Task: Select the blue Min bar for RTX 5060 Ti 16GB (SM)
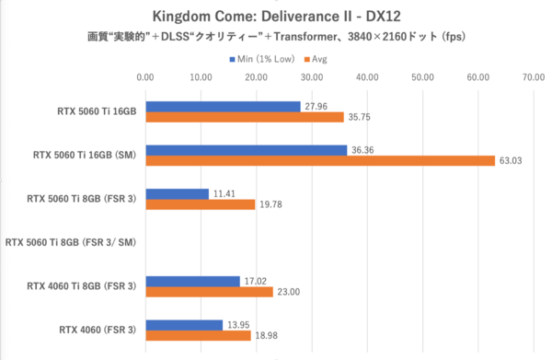[246, 149]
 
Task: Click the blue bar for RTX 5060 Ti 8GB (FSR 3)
[176, 193]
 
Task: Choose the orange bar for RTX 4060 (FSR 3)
[197, 336]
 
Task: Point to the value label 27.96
[315, 106]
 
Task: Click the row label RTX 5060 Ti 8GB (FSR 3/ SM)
[70, 243]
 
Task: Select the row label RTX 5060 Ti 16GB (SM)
[82, 155]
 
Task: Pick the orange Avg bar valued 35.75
[243, 117]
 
